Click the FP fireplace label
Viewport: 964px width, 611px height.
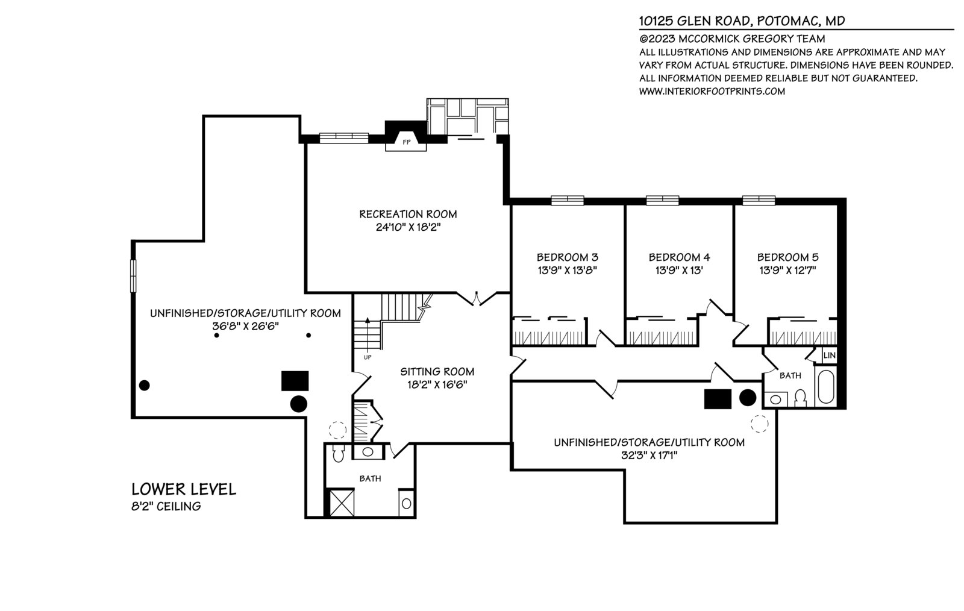406,142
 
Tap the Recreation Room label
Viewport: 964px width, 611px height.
408,214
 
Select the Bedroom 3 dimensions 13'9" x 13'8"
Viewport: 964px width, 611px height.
567,270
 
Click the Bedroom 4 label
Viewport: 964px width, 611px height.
679,257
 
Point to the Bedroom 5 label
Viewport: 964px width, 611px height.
787,257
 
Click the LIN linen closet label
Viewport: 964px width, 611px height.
829,356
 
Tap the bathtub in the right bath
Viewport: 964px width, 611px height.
826,386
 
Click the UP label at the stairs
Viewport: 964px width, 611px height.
368,357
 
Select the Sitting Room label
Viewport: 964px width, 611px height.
437,371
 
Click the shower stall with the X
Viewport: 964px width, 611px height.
342,502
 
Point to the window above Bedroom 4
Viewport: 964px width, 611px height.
662,200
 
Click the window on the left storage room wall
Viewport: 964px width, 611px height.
133,276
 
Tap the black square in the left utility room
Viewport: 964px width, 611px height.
295,381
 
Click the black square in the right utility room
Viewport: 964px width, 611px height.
718,399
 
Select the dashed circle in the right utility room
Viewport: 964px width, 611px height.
759,424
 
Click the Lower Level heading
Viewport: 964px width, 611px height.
184,489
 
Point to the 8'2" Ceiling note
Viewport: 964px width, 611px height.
166,506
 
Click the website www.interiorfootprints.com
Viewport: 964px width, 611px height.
712,91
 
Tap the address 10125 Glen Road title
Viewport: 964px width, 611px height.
742,20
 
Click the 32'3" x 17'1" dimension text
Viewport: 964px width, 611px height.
649,456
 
